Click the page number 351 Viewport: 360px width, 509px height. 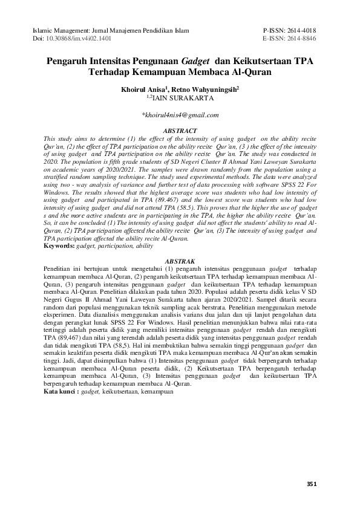312,484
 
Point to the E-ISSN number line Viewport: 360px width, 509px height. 290,37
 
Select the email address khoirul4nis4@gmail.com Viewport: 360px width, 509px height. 180,115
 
